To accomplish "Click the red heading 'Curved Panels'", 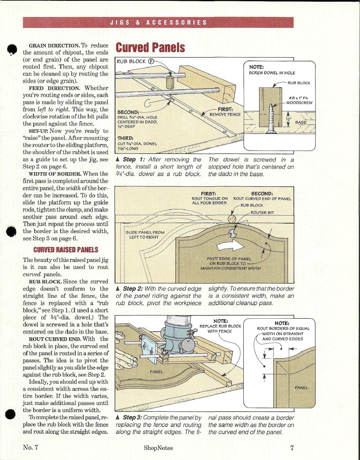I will tap(150, 48).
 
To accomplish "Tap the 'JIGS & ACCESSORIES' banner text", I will tap(158, 22).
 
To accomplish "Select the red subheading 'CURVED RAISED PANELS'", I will tap(66, 250).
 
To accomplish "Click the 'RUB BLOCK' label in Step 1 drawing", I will tap(131, 61).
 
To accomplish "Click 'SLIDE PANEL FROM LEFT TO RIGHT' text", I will tap(145, 235).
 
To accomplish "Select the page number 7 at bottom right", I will tap(292, 448).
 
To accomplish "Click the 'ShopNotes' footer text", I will tap(158, 448).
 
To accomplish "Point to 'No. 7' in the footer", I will tap(30, 448).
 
